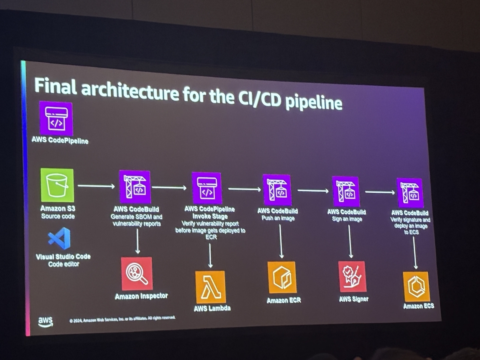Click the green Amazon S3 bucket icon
tap(57, 185)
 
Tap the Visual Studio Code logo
tap(59, 238)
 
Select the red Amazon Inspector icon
tap(137, 274)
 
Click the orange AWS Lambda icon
tap(210, 287)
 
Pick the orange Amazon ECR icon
tap(282, 277)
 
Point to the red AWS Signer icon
tap(352, 276)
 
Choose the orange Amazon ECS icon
tap(416, 286)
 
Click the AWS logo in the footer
tap(46, 322)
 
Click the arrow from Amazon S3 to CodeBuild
tap(96, 186)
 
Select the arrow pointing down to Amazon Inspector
tap(138, 241)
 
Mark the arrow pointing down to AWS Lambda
tap(210, 256)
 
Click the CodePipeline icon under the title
tap(56, 118)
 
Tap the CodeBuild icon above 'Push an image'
tap(277, 190)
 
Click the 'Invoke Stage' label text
tap(210, 216)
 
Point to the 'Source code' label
tap(58, 216)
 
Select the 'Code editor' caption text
tap(64, 264)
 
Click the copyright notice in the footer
tap(122, 319)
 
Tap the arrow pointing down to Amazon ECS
tap(415, 253)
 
